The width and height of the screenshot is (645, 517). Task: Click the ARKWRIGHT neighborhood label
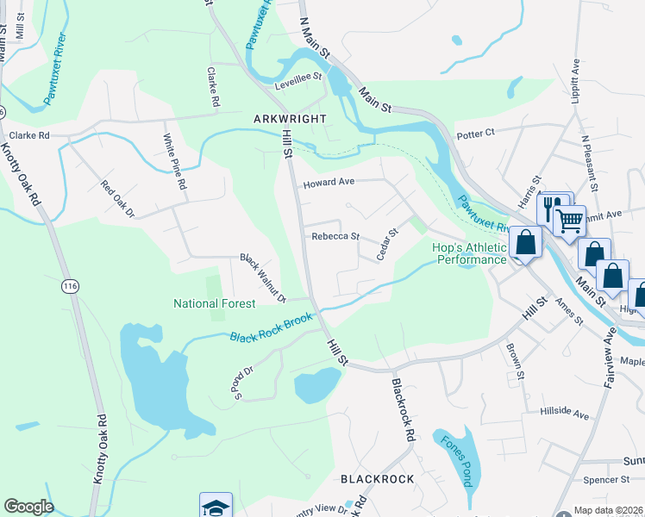(290, 118)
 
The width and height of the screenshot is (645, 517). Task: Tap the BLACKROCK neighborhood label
(377, 478)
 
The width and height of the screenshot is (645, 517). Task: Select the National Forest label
(214, 303)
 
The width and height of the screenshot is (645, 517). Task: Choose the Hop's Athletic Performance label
(469, 253)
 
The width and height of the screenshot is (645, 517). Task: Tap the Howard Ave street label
(328, 183)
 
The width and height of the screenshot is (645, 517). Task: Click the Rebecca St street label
(335, 236)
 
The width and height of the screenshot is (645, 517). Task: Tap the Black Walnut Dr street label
(263, 278)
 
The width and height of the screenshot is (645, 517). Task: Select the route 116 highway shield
(69, 284)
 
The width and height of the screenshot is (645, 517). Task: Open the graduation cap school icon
(216, 507)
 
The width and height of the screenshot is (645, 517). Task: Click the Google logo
(28, 507)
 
